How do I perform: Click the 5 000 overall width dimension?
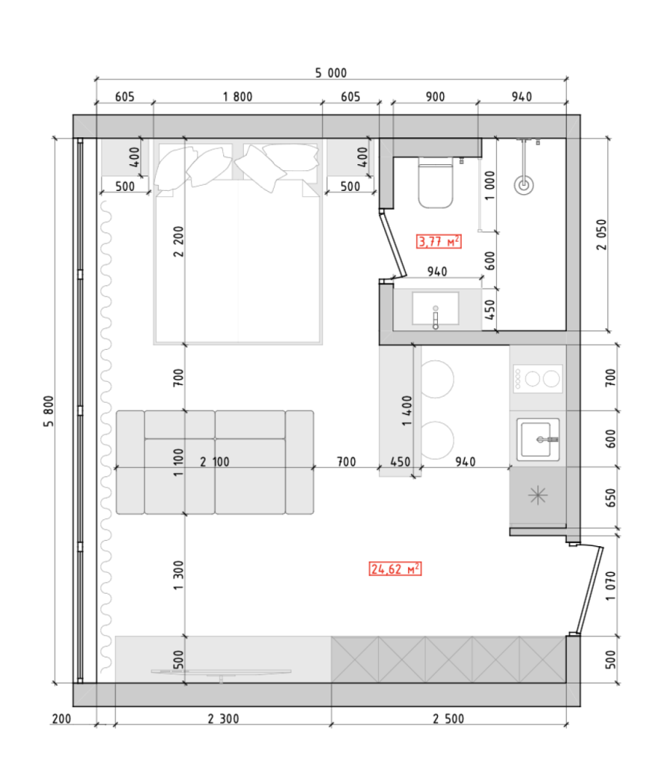(330, 73)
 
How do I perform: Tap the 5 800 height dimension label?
(48, 412)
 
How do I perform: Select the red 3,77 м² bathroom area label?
(439, 241)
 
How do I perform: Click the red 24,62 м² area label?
(395, 569)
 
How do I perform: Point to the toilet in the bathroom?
(436, 182)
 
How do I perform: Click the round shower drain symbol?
(524, 185)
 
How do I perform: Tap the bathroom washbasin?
(436, 308)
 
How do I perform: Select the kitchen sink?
(538, 439)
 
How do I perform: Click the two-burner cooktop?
(538, 378)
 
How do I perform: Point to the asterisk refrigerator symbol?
(538, 495)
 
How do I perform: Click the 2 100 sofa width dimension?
(214, 461)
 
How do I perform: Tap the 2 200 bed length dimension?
(179, 241)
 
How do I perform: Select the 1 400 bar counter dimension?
(407, 410)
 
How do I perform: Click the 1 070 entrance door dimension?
(610, 586)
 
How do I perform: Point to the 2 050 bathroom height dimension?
(601, 234)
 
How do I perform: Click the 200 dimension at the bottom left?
(61, 718)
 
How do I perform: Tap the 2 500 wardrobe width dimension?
(448, 718)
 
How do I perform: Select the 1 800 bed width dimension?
(238, 96)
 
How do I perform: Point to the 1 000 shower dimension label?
(489, 185)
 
